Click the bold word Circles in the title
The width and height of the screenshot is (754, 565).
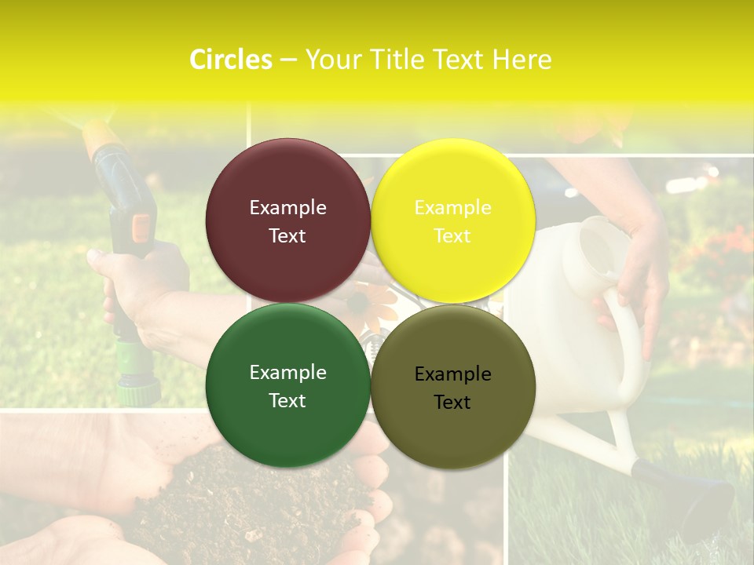[230, 60]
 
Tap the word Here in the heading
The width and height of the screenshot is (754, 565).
[522, 60]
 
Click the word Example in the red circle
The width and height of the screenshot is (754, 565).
[287, 207]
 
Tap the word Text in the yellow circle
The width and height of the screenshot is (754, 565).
[452, 235]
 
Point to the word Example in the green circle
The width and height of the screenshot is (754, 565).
[287, 373]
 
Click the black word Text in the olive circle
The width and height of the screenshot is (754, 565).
[452, 402]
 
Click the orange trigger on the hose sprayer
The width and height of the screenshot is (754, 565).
[141, 227]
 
